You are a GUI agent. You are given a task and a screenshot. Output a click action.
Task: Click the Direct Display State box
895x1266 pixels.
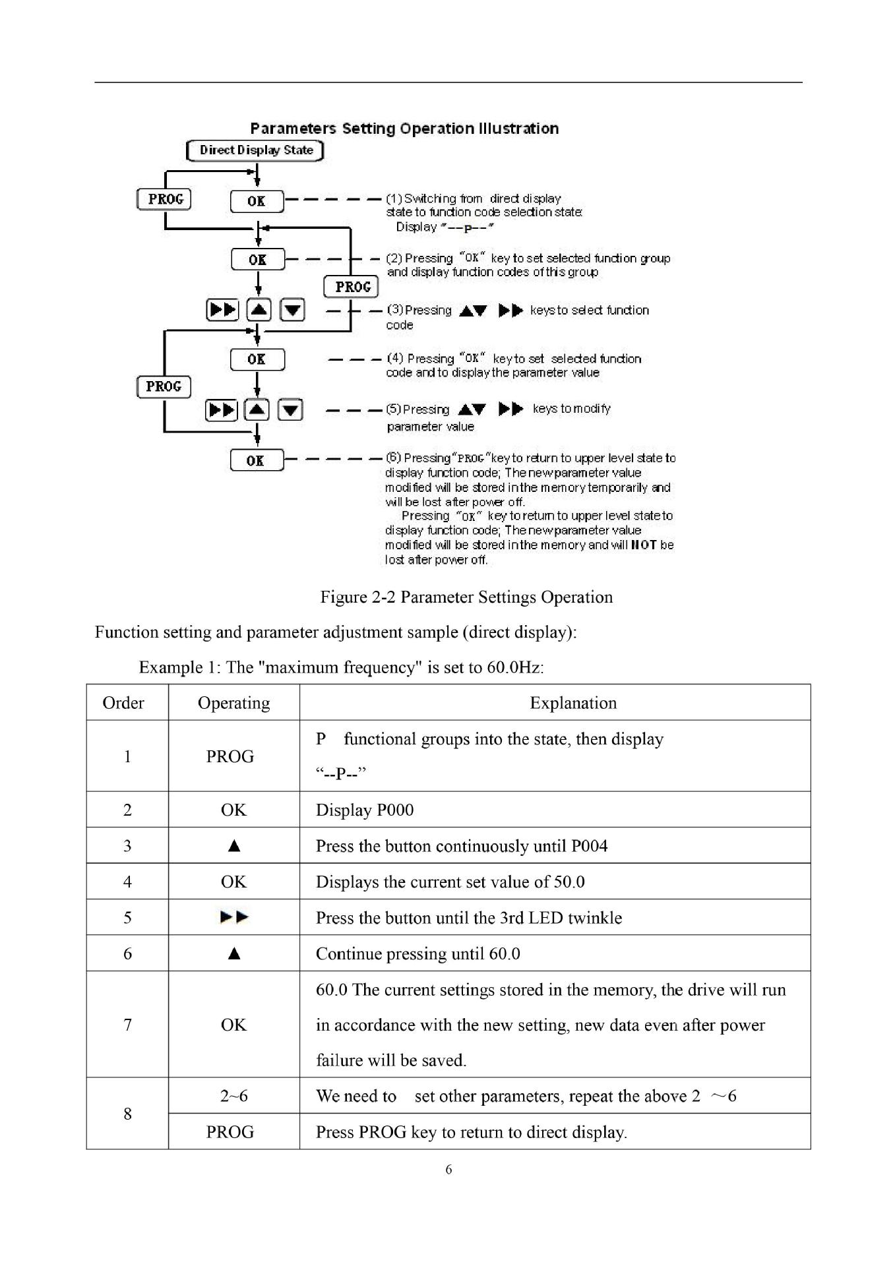[x=255, y=150]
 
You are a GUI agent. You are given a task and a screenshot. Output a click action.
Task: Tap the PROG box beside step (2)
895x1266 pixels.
[x=352, y=287]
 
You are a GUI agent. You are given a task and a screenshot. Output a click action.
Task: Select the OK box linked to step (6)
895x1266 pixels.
[x=257, y=460]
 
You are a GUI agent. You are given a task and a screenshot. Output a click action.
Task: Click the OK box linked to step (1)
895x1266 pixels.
[x=257, y=201]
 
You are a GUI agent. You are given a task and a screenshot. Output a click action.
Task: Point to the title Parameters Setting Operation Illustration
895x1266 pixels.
[x=404, y=129]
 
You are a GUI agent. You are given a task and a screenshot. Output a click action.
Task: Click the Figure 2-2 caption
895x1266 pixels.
[x=466, y=597]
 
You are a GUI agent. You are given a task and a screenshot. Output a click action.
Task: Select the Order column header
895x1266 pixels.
[x=123, y=704]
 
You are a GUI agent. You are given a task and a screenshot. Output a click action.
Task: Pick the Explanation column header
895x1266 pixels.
[x=572, y=704]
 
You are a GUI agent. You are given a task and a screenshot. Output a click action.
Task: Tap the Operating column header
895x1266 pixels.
[x=233, y=704]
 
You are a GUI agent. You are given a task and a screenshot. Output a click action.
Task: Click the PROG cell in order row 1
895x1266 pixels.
[x=230, y=757]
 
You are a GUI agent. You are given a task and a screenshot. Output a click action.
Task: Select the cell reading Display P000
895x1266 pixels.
[x=365, y=810]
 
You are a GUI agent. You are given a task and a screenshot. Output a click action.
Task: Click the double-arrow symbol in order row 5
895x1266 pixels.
[x=234, y=917]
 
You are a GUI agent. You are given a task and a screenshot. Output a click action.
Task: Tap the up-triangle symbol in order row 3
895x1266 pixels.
[x=233, y=846]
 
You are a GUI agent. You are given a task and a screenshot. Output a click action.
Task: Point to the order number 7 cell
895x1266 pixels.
[x=127, y=1025]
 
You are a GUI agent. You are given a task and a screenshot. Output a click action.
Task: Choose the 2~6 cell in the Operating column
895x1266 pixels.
[x=233, y=1096]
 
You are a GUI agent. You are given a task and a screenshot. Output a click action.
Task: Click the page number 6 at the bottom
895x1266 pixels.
[x=448, y=1170]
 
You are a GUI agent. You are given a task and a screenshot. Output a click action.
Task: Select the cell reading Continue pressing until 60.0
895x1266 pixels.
[x=417, y=954]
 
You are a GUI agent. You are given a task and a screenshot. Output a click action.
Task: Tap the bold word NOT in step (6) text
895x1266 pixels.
[x=644, y=545]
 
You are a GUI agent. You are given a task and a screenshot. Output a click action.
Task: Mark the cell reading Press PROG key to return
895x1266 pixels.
[x=471, y=1133]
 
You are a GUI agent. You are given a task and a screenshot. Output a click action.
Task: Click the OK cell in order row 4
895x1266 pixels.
[x=233, y=882]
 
